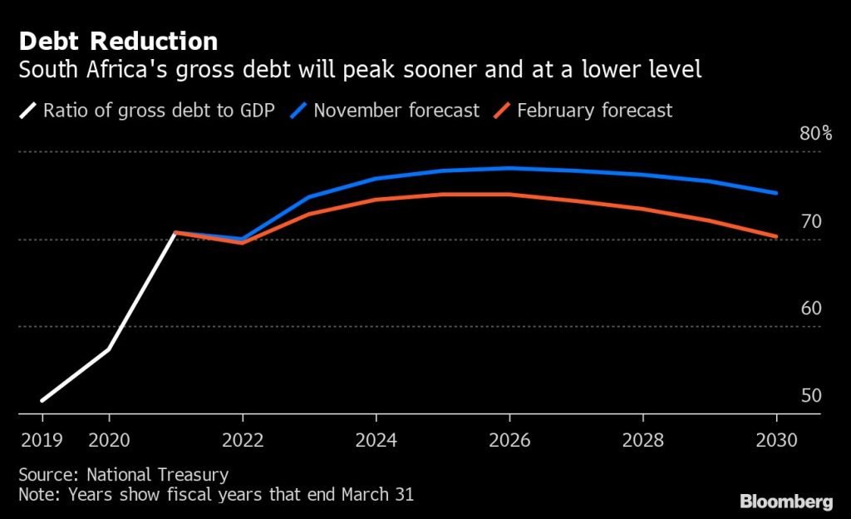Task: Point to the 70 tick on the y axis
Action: (x=811, y=221)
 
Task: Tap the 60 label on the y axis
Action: (x=811, y=309)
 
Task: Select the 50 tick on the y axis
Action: (x=811, y=396)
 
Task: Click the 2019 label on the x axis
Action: (x=41, y=439)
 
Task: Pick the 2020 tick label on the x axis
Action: (x=109, y=439)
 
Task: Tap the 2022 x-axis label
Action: (x=243, y=439)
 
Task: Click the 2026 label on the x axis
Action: (x=509, y=439)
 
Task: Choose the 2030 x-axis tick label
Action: (x=776, y=439)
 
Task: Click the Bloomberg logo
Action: (x=785, y=501)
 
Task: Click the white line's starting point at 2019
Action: (x=41, y=400)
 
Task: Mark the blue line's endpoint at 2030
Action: (x=776, y=193)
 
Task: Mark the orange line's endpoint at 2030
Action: (x=776, y=237)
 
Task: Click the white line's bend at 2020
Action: (x=109, y=348)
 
